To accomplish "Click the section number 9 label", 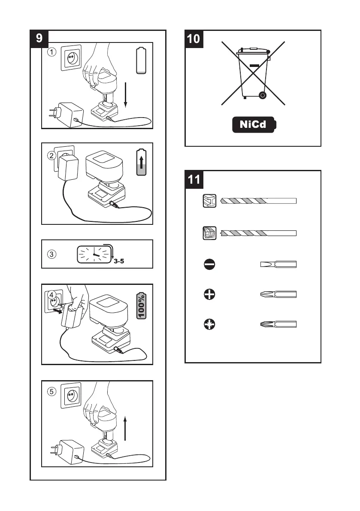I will point(39,38).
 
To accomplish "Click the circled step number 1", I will point(51,52).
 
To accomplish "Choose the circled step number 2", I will point(51,155).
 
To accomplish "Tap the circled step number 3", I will point(51,254).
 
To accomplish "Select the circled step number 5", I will point(51,392).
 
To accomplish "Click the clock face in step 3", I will point(93,254).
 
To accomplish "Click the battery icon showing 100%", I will point(142,306).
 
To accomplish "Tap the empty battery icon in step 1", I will point(141,61).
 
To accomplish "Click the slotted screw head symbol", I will point(210,265).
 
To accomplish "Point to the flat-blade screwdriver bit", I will point(278,265).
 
